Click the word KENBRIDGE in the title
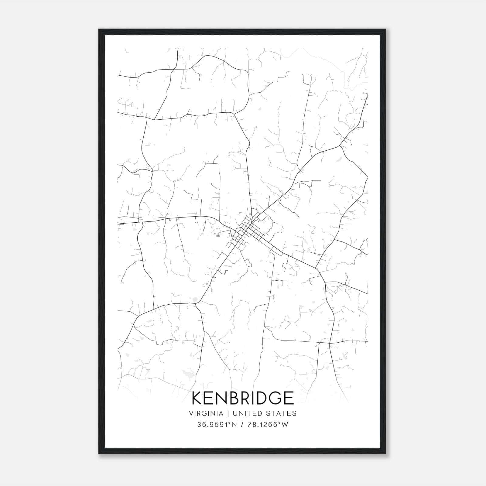point(243,398)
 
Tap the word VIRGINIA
point(206,413)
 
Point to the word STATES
point(281,413)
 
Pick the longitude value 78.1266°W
point(268,425)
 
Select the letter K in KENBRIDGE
point(197,398)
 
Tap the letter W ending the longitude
point(285,425)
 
